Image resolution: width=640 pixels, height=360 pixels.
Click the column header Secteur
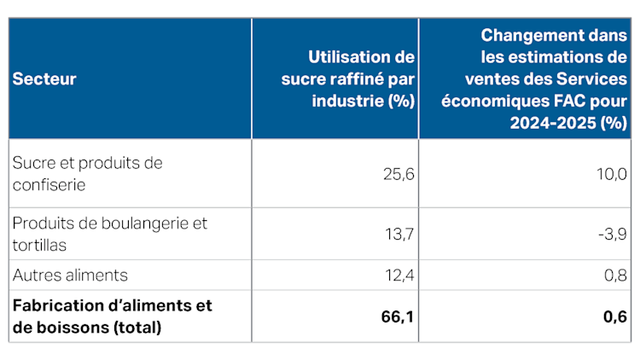(44, 78)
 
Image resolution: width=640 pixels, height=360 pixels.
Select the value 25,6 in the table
(397, 173)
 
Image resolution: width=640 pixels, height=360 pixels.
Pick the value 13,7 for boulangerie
(399, 233)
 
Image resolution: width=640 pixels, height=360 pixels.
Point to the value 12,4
(398, 276)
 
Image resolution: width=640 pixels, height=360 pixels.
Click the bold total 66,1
(397, 316)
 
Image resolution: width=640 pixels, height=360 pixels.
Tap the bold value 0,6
(614, 316)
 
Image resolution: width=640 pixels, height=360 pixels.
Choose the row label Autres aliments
(70, 276)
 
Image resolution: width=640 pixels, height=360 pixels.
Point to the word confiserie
(48, 183)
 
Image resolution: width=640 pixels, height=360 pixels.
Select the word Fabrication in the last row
(55, 305)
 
